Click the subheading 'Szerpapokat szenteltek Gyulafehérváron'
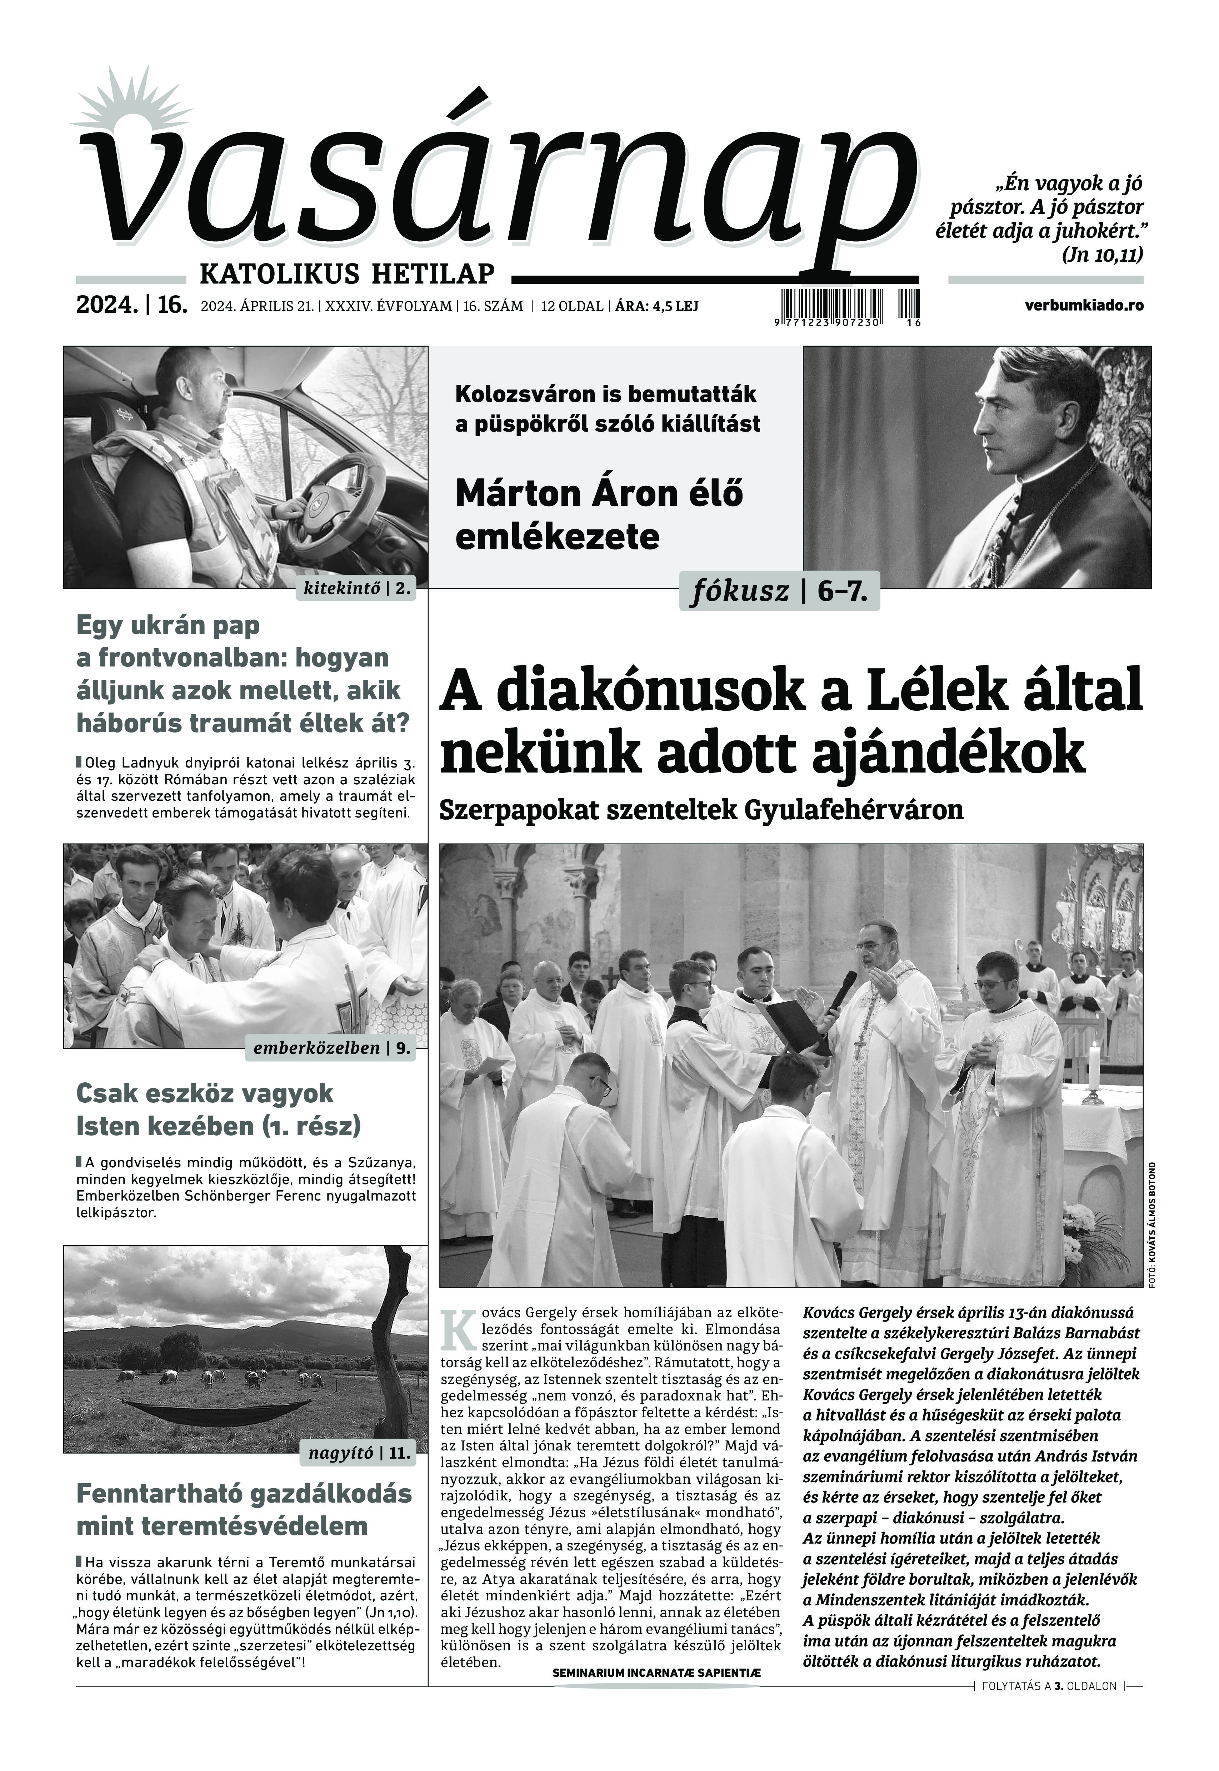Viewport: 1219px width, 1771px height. pyautogui.click(x=700, y=810)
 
